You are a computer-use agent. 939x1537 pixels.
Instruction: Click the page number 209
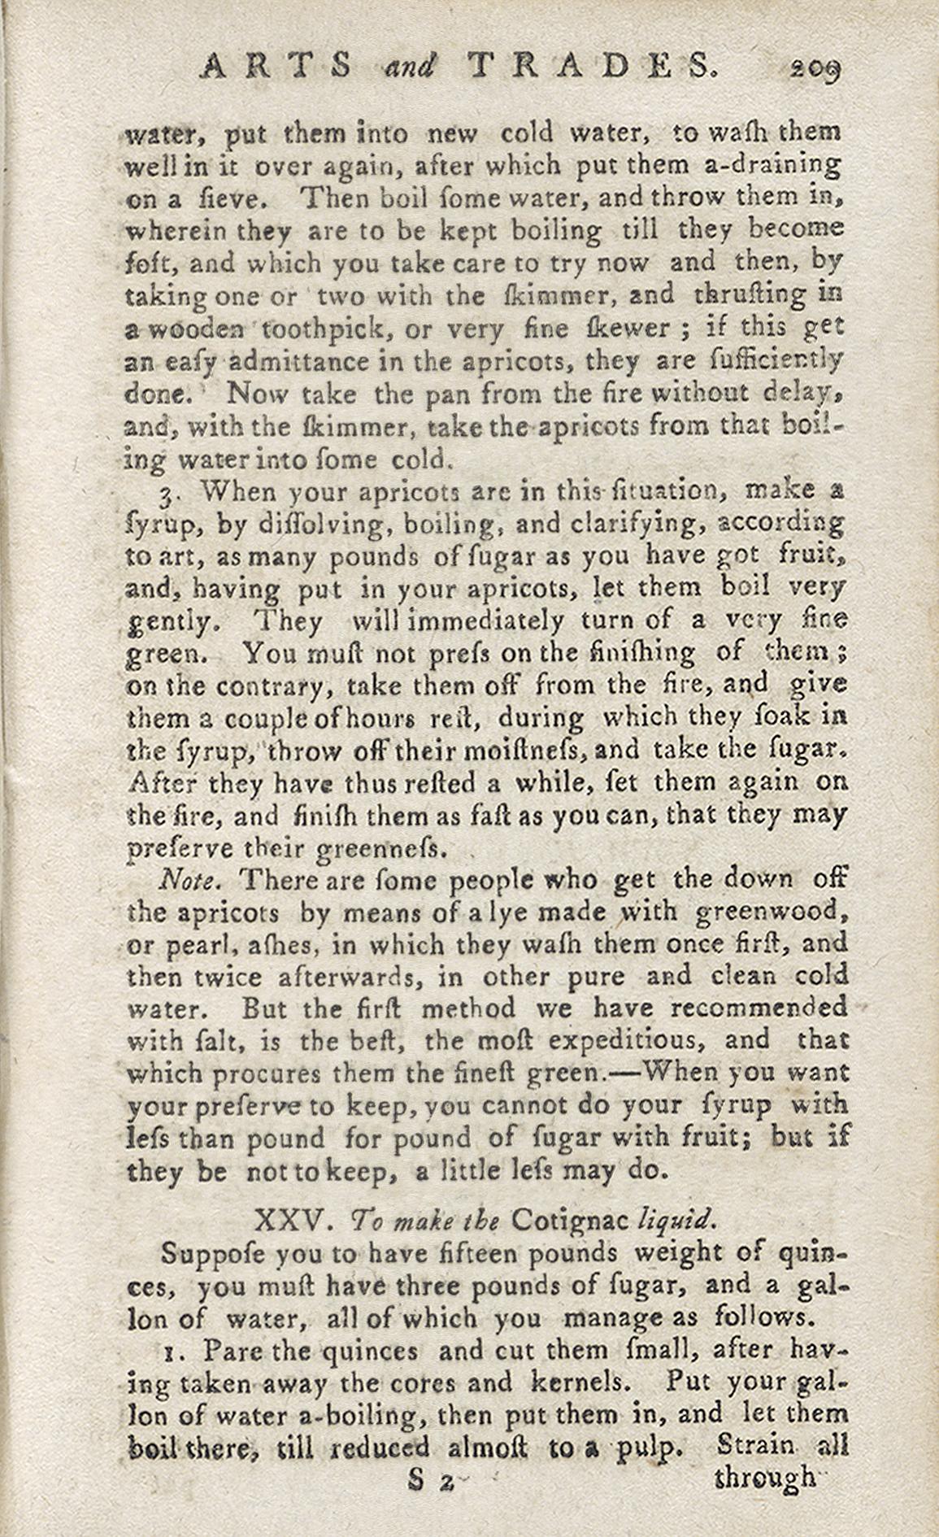coord(814,68)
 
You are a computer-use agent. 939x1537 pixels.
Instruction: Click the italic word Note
coord(187,880)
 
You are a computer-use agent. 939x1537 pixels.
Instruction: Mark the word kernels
coord(580,1382)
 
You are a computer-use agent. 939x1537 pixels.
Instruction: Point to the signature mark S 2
coord(431,1480)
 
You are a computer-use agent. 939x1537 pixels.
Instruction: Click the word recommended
coord(759,1008)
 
